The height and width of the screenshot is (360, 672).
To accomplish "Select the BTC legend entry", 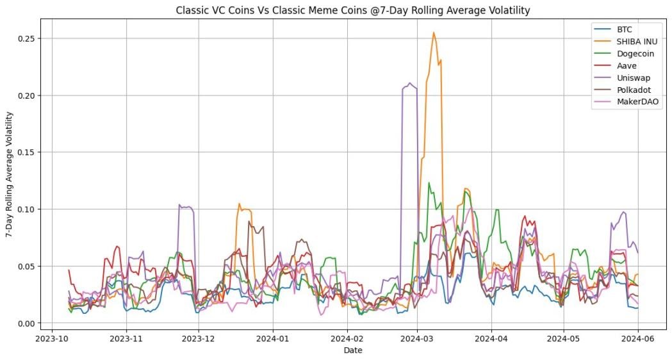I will pyautogui.click(x=625, y=29).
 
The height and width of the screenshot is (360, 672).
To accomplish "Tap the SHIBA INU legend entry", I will pyautogui.click(x=637, y=42).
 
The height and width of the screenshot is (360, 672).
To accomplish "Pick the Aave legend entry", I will pyautogui.click(x=627, y=65).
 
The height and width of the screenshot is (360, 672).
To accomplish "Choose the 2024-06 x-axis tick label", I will pyautogui.click(x=638, y=337).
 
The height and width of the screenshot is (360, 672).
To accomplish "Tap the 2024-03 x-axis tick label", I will pyautogui.click(x=418, y=337).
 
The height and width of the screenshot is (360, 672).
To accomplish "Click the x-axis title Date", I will pyautogui.click(x=353, y=350).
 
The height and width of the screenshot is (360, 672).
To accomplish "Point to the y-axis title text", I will pyautogui.click(x=10, y=175).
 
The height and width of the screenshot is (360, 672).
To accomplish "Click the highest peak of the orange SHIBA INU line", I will pyautogui.click(x=434, y=33).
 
